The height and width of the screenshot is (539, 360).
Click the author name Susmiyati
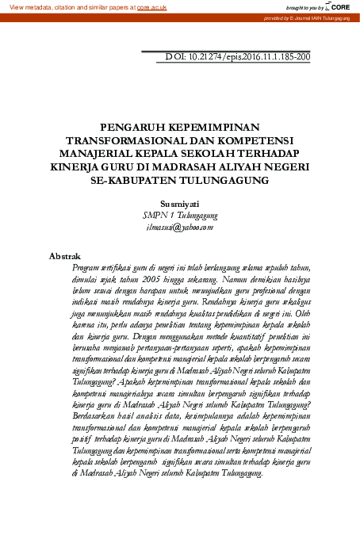point(180,203)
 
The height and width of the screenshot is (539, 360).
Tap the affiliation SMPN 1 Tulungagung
point(180,214)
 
